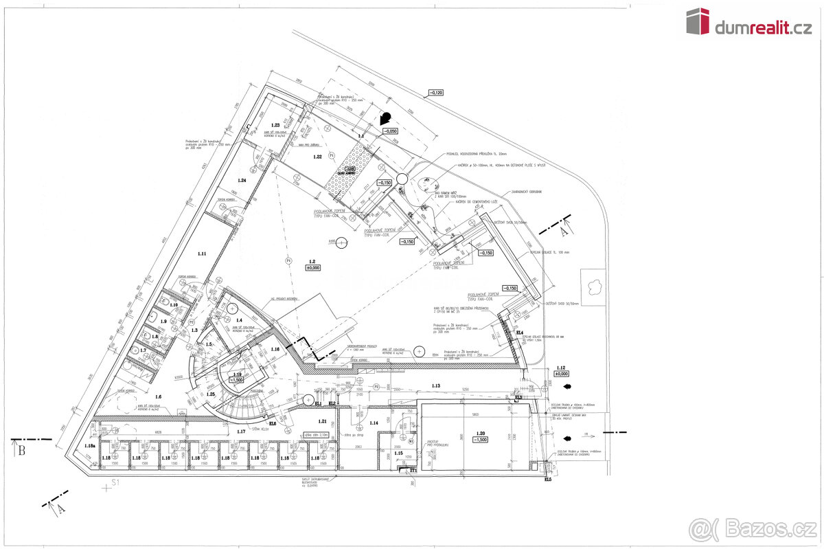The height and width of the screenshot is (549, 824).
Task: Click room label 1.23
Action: (x=275, y=124)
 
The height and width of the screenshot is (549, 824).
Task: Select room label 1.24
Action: (x=241, y=180)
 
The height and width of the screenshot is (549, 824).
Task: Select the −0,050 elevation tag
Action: (x=391, y=131)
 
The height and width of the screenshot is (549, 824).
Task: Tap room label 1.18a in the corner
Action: (x=90, y=446)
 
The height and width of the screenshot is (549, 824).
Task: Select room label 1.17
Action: (x=241, y=432)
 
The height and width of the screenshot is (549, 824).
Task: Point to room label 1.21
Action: (x=322, y=421)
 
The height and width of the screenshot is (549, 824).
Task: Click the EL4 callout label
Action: (x=520, y=333)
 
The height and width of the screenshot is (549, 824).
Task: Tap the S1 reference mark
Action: (x=116, y=484)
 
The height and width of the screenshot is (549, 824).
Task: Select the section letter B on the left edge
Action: (x=21, y=451)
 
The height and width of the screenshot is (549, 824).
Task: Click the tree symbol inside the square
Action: (x=593, y=282)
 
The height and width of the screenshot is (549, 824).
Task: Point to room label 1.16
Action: (x=275, y=349)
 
